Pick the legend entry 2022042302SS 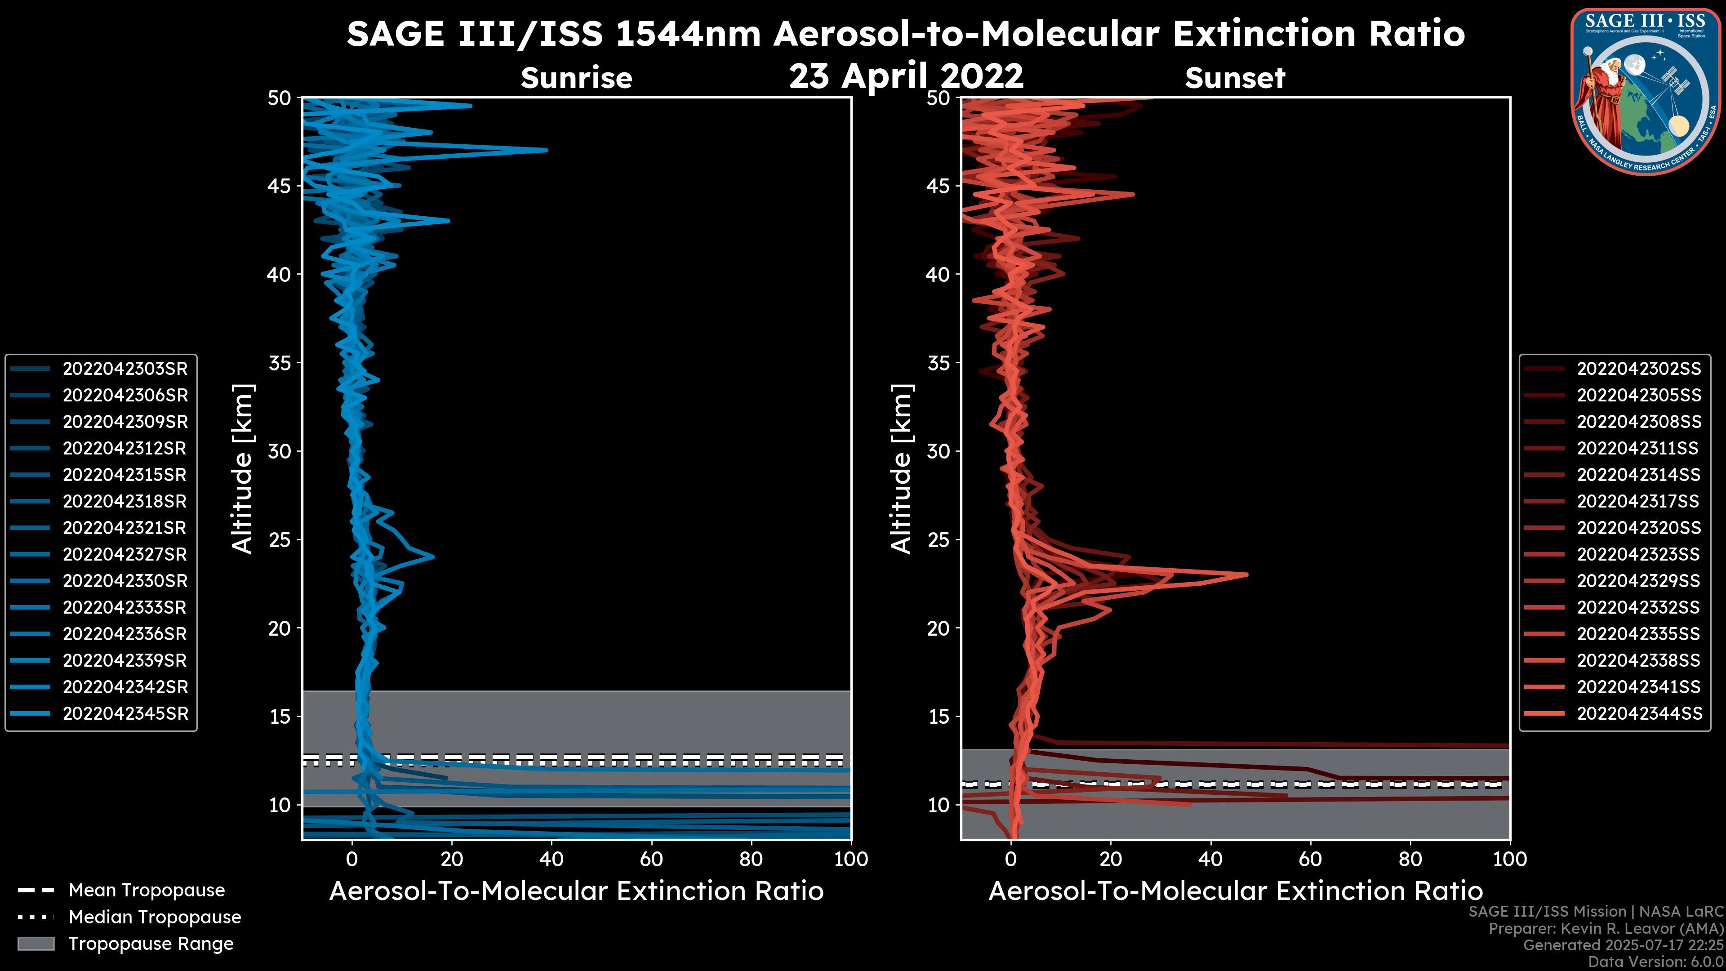[1638, 369]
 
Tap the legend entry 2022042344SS [1638, 714]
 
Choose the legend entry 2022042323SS [1638, 554]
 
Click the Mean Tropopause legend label [147, 890]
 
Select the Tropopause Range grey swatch [36, 944]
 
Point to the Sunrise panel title [576, 78]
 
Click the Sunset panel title [1235, 78]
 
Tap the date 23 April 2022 [906, 76]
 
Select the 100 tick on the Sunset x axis [1510, 859]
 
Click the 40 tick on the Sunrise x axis [552, 859]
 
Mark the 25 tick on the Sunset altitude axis [939, 539]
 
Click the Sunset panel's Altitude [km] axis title [901, 468]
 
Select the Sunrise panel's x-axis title [576, 891]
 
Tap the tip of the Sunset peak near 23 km [1247, 575]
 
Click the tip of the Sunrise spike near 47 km [546, 150]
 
